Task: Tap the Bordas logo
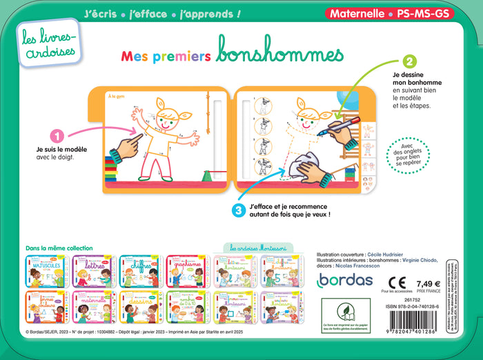(345, 281)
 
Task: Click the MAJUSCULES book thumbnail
(46, 271)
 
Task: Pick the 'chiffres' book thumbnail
(139, 271)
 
